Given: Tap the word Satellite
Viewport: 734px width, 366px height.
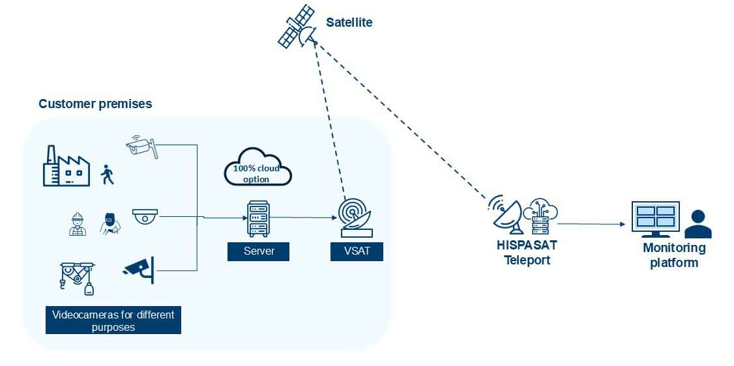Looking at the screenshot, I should point(349,23).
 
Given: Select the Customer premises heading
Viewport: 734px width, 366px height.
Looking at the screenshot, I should point(95,104).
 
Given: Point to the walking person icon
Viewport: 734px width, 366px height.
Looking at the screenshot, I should point(107,175).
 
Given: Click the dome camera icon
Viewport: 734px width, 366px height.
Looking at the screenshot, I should point(145,216).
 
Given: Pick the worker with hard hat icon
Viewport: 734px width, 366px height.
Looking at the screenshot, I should point(78,223).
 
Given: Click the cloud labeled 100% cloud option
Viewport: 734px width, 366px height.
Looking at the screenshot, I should point(257,167).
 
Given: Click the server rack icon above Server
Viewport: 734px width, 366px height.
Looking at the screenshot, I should point(257,218).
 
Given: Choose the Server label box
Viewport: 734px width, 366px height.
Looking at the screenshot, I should point(257,251).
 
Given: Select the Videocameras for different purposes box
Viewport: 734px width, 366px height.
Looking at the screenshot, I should point(113,320).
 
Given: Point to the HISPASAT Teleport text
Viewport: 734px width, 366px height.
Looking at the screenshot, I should point(527,253).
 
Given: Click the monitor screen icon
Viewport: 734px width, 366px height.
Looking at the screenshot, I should point(655,219).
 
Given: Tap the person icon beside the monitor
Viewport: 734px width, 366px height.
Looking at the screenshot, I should point(699,224).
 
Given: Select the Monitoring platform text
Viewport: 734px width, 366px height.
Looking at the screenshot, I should point(674,255).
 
